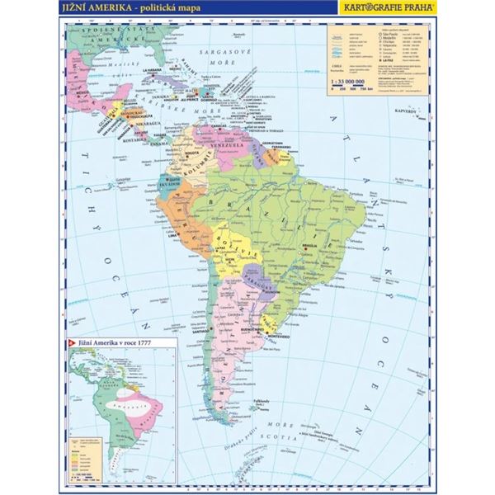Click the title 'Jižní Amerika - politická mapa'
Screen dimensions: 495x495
pyautogui.click(x=115, y=8)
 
